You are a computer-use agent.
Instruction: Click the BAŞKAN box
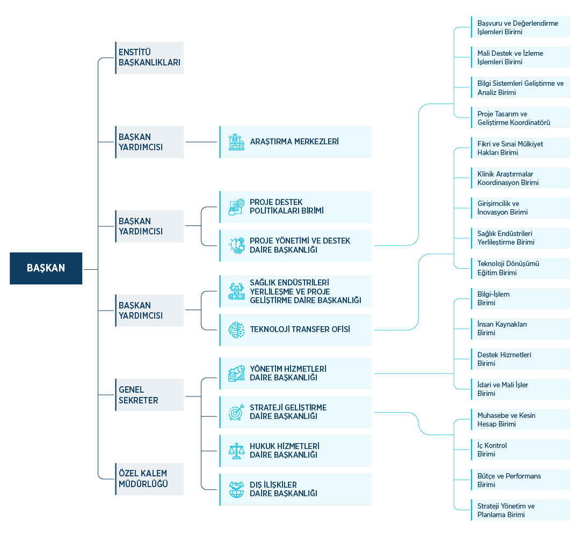coord(46,268)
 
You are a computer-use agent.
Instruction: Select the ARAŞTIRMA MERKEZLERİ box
coord(295,142)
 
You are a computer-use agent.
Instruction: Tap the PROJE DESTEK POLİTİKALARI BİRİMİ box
coord(295,207)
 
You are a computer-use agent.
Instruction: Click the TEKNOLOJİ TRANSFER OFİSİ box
coord(295,329)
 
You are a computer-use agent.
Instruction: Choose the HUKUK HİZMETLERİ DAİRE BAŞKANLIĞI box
coord(295,451)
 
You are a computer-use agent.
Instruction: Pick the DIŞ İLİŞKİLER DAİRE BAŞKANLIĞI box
coord(295,489)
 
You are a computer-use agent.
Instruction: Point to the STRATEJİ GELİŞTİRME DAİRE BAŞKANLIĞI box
coord(295,412)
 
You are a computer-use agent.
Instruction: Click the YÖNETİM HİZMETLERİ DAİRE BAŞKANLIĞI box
coord(295,373)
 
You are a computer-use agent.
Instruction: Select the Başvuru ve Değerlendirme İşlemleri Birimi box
coord(520,27)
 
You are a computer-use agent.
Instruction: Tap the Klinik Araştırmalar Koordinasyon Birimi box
coord(520,178)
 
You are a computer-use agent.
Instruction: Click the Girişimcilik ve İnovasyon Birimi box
coord(520,208)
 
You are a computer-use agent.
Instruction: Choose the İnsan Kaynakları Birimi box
coord(520,329)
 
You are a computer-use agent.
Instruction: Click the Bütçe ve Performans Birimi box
coord(520,480)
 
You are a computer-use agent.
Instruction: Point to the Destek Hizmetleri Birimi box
coord(520,359)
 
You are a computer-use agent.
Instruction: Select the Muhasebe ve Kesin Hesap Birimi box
coord(520,420)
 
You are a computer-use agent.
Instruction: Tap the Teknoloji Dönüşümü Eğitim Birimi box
coord(520,268)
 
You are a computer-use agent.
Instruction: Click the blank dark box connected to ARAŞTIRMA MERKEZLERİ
coord(149,142)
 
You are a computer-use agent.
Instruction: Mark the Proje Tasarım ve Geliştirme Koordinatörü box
coord(520,118)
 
